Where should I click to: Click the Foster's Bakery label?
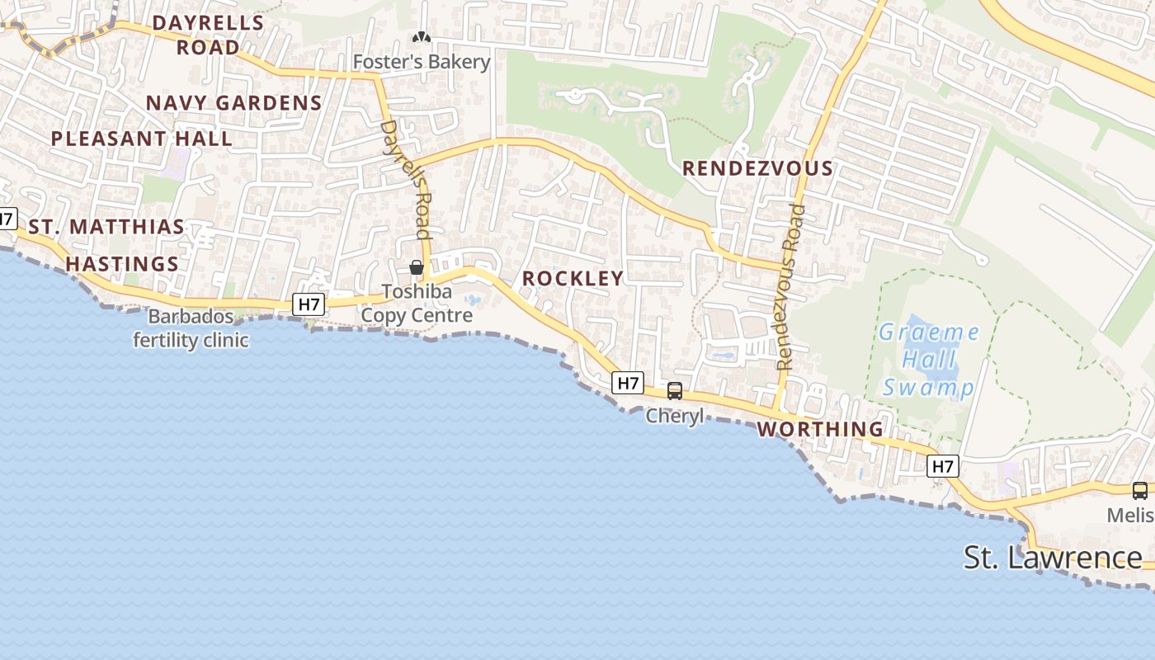pos(422,62)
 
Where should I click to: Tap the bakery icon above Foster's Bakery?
pos(422,37)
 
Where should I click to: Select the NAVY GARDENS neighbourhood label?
pos(233,103)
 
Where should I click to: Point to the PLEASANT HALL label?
pos(142,139)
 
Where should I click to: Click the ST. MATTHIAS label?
pos(106,227)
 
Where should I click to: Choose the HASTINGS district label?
pos(122,264)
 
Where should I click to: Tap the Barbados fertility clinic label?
pos(191,328)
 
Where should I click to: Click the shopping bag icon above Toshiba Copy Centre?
pos(417,267)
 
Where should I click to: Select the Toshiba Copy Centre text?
pos(417,304)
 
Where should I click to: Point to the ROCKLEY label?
pos(573,279)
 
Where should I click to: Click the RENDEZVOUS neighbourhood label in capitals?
pos(757,168)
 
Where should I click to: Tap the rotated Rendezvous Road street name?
pos(790,287)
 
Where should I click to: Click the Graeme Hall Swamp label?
pos(929,360)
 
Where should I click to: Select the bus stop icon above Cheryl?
pos(675,391)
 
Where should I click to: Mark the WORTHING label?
pos(820,429)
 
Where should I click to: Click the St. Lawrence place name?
pos(1053,558)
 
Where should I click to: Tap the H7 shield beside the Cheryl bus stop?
pos(628,383)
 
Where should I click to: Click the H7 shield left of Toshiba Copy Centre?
pos(309,304)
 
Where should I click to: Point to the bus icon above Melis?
pos(1139,491)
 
